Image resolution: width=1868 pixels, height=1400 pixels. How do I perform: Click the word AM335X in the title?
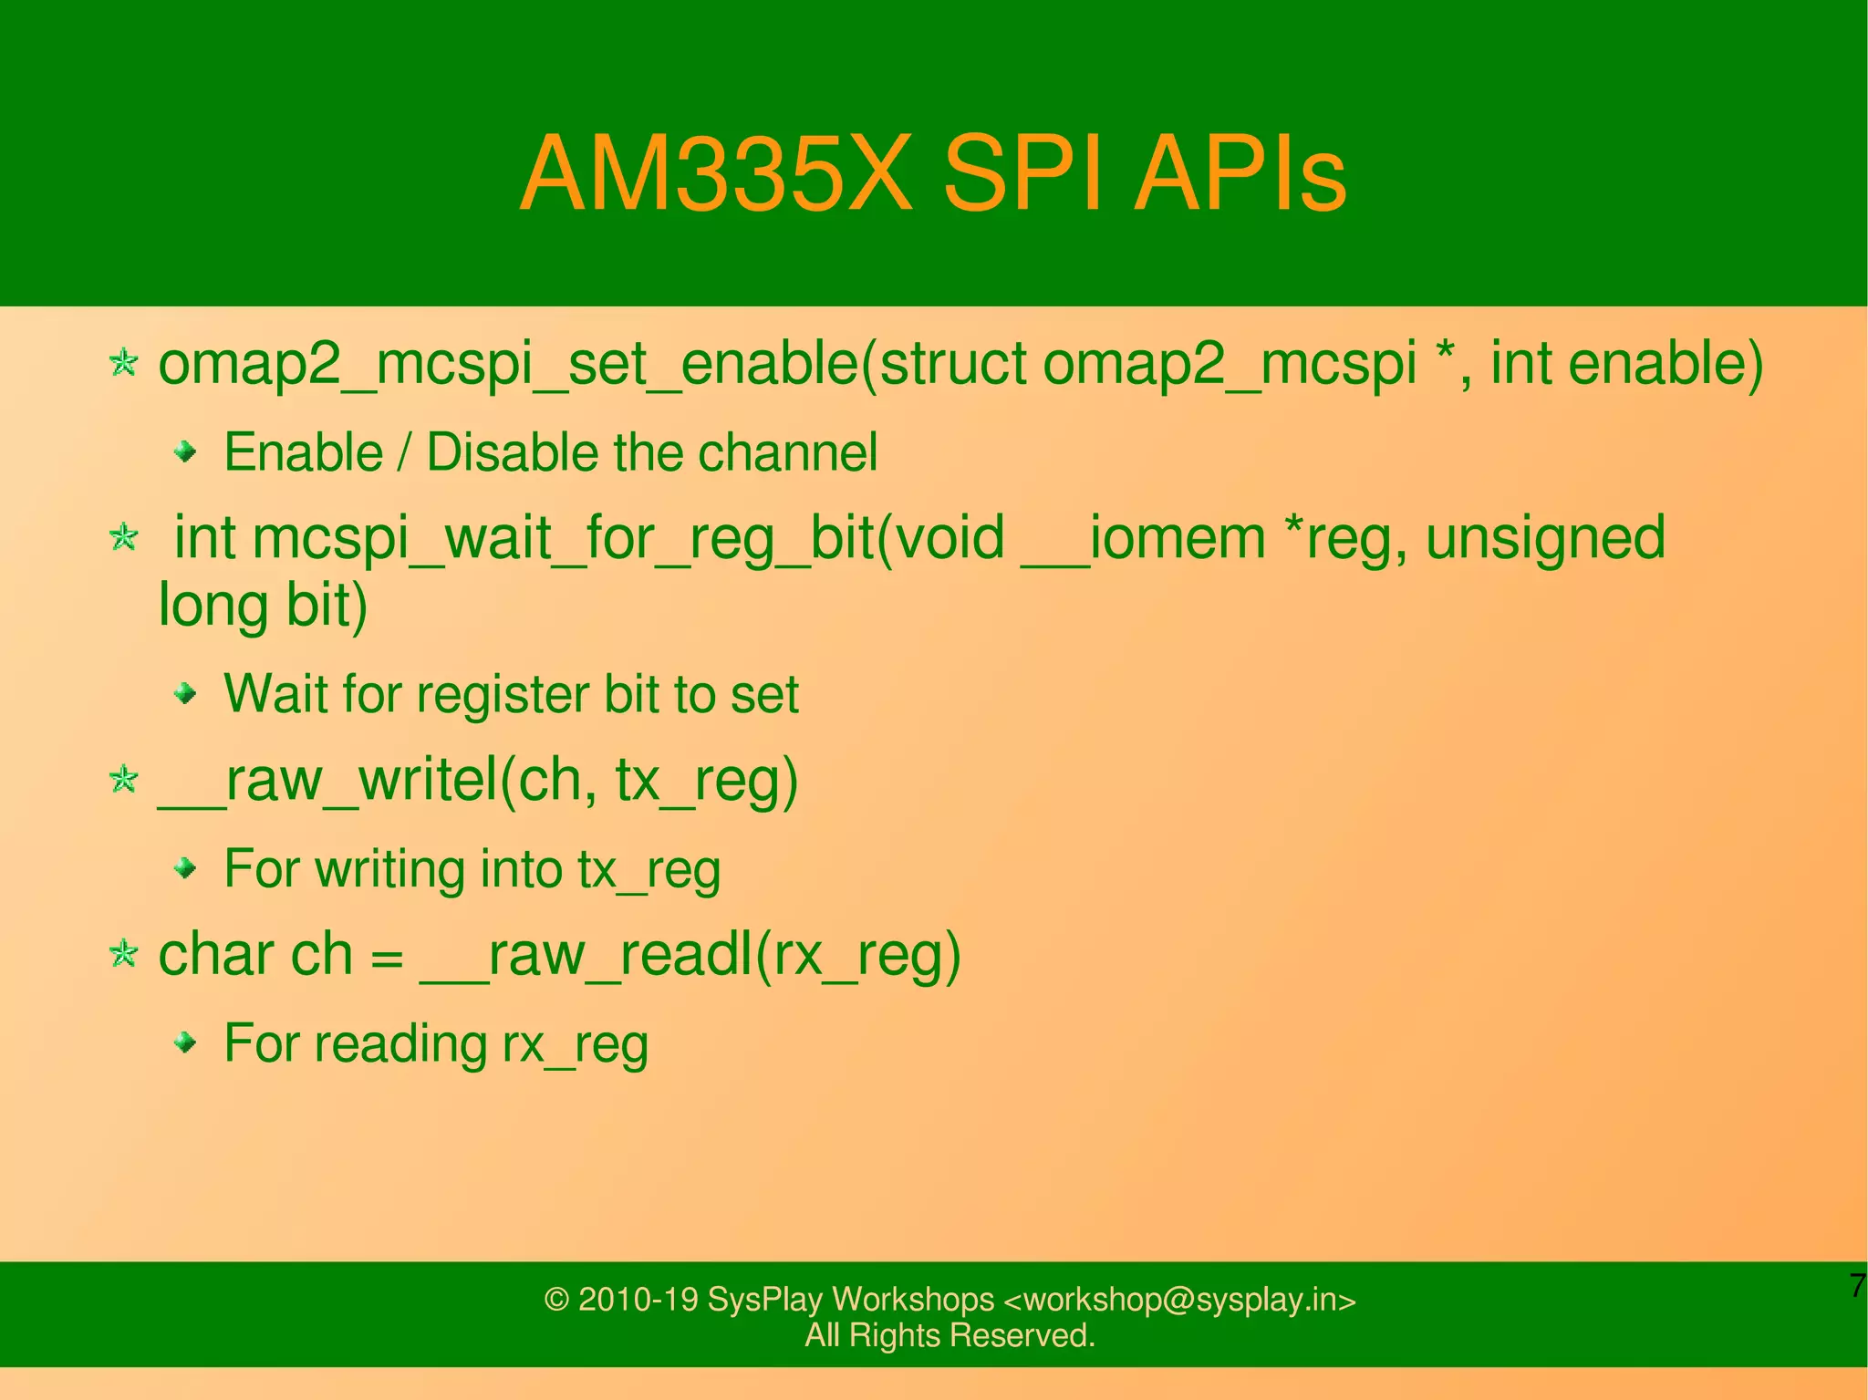(715, 173)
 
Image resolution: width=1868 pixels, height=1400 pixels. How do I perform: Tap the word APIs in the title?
(1240, 173)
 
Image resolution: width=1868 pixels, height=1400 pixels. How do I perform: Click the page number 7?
(1857, 1286)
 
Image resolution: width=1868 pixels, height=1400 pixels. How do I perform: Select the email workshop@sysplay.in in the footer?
(1179, 1299)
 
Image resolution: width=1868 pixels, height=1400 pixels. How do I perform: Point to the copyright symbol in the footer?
(555, 1300)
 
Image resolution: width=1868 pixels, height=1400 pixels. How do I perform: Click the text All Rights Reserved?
(950, 1335)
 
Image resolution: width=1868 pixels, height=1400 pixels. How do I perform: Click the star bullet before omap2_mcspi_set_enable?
(123, 363)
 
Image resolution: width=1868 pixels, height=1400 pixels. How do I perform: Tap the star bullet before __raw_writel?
(123, 780)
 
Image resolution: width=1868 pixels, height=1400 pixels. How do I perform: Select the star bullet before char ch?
(123, 955)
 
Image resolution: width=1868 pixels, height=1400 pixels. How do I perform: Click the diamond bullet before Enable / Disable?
(186, 451)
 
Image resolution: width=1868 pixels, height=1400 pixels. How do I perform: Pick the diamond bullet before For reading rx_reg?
(186, 1042)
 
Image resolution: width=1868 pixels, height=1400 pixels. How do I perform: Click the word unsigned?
(1545, 538)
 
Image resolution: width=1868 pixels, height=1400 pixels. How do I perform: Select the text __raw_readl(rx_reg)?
(690, 956)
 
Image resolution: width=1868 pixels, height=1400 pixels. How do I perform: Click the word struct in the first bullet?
(952, 363)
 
